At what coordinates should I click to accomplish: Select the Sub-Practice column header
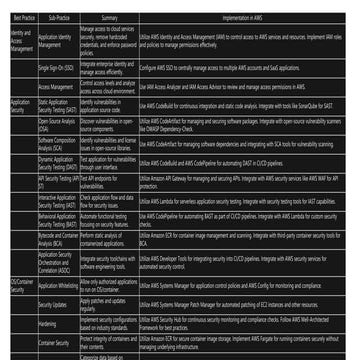tap(55, 18)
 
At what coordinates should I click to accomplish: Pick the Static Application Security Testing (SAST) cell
tap(55, 104)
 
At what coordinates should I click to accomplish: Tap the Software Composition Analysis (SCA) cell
tap(55, 144)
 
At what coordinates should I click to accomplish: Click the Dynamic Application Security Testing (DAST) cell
tap(55, 162)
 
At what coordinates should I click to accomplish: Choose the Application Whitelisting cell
tap(55, 285)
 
